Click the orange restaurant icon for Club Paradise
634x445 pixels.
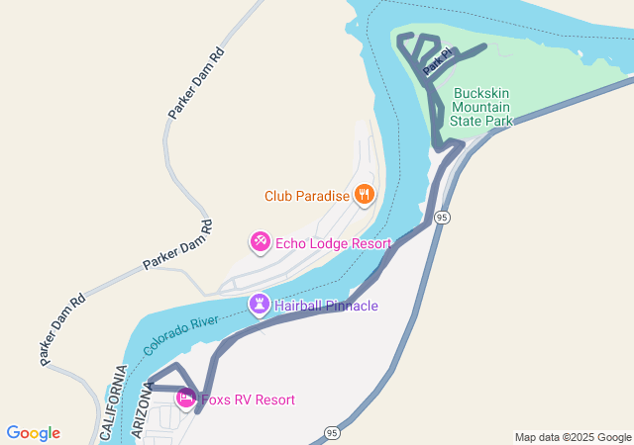click(x=364, y=196)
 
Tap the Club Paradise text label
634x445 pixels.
click(x=307, y=196)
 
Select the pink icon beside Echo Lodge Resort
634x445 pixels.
click(x=260, y=241)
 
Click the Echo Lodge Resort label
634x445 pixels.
click(x=333, y=243)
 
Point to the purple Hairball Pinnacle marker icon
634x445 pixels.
click(x=260, y=305)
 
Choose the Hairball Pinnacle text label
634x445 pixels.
click(x=326, y=307)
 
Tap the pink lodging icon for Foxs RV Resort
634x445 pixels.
click(x=185, y=399)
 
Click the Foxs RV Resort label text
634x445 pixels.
click(x=248, y=400)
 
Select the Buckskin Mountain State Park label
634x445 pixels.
click(x=482, y=107)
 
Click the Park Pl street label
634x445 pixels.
click(x=436, y=63)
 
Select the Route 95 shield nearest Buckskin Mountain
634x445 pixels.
click(x=442, y=217)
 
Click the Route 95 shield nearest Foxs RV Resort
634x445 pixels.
click(x=331, y=433)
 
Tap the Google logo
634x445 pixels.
click(x=33, y=433)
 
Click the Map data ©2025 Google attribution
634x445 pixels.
click(x=573, y=437)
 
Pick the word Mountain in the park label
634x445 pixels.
click(x=482, y=107)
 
